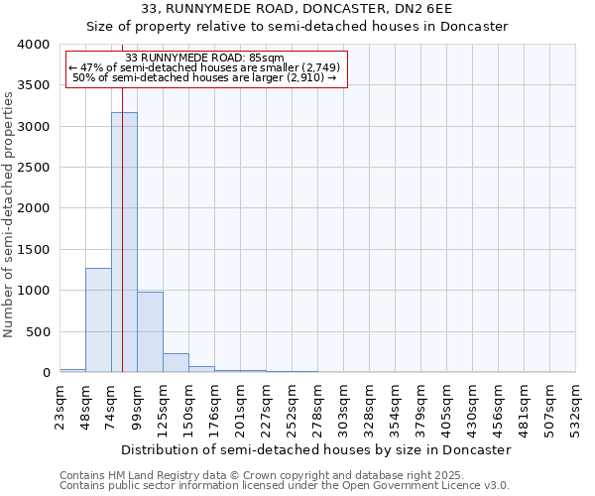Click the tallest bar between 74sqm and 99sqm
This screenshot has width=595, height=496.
click(x=124, y=242)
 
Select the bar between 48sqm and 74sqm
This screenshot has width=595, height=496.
click(x=98, y=319)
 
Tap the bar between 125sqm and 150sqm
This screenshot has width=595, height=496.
click(x=176, y=362)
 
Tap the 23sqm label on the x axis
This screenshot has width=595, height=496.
click(x=59, y=404)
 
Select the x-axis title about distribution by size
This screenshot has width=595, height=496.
click(x=317, y=449)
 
